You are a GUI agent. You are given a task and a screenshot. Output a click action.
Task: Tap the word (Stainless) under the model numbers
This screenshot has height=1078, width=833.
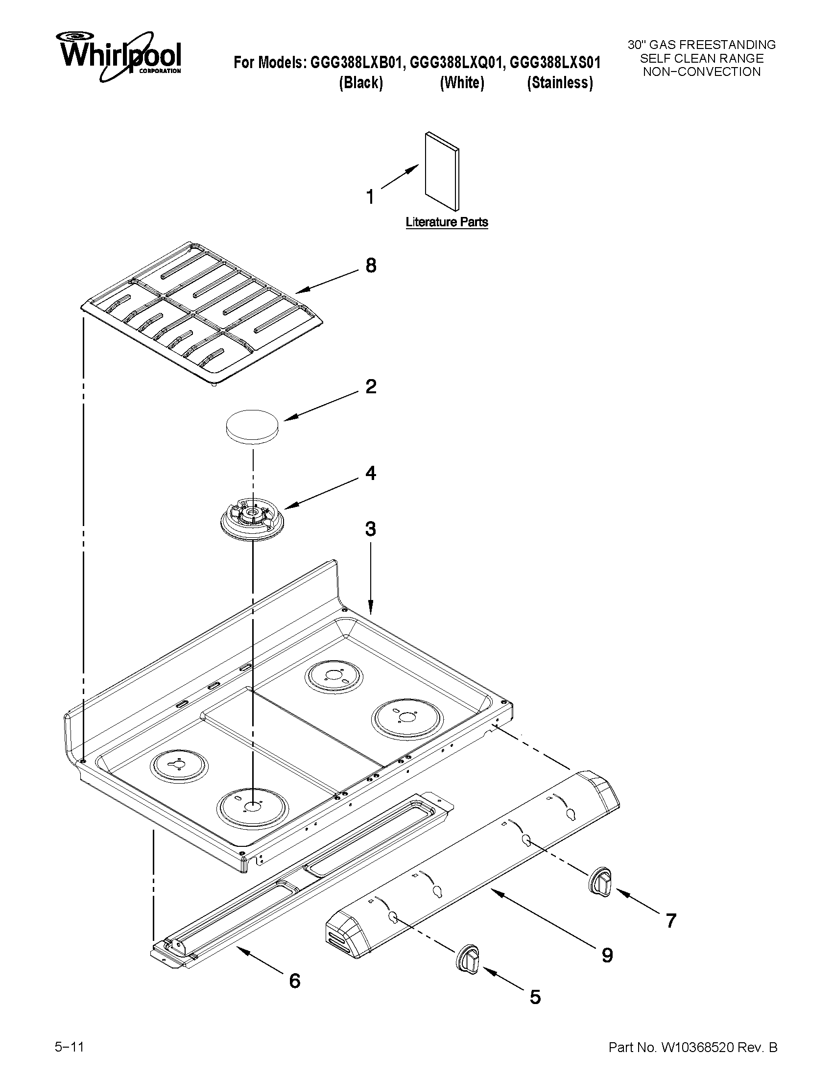click(560, 82)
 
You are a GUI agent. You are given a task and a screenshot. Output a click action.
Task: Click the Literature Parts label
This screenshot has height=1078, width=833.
click(447, 222)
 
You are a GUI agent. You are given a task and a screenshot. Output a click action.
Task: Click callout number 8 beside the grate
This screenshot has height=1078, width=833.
click(371, 265)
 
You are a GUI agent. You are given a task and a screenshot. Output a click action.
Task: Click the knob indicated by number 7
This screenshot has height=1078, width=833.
click(600, 880)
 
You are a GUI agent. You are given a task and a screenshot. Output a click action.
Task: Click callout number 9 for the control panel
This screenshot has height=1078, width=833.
click(607, 955)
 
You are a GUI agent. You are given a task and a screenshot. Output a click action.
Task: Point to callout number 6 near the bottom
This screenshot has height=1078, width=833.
click(294, 981)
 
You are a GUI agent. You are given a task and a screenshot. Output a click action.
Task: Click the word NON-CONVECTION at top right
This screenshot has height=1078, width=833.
click(701, 72)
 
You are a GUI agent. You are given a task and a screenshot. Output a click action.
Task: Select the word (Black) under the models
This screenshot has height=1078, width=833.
click(361, 82)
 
